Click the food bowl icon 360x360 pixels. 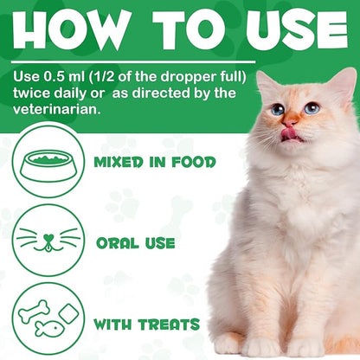49,161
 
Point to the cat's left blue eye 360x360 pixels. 277,110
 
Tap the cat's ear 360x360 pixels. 343,87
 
